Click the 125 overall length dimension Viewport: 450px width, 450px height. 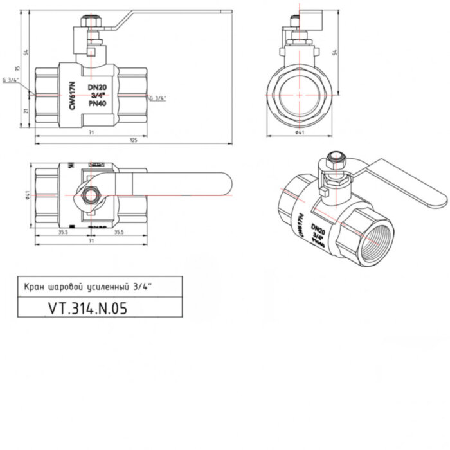tap(134, 139)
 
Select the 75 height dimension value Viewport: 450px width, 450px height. tap(19, 68)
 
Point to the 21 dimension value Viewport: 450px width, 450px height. tap(26, 111)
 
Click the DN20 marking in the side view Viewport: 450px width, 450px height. tap(96, 87)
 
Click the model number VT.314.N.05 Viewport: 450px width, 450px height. tap(87, 308)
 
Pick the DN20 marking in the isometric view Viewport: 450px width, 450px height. tap(316, 229)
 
